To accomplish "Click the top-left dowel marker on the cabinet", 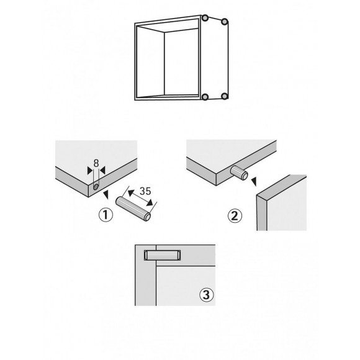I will tap(205, 20).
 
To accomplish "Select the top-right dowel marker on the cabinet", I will tap(225, 22).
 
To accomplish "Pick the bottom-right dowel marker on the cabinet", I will tap(225, 96).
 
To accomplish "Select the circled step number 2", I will tap(234, 217).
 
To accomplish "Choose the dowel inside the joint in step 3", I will tap(161, 254).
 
